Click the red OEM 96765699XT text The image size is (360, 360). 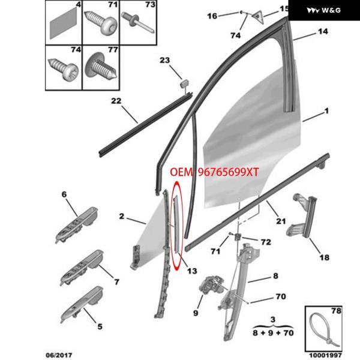(x=214, y=173)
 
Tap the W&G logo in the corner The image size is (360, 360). (x=324, y=10)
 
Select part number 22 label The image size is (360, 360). (x=116, y=101)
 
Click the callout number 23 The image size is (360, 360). (x=165, y=60)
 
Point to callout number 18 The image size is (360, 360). (x=324, y=258)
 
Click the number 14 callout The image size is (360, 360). (x=323, y=31)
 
